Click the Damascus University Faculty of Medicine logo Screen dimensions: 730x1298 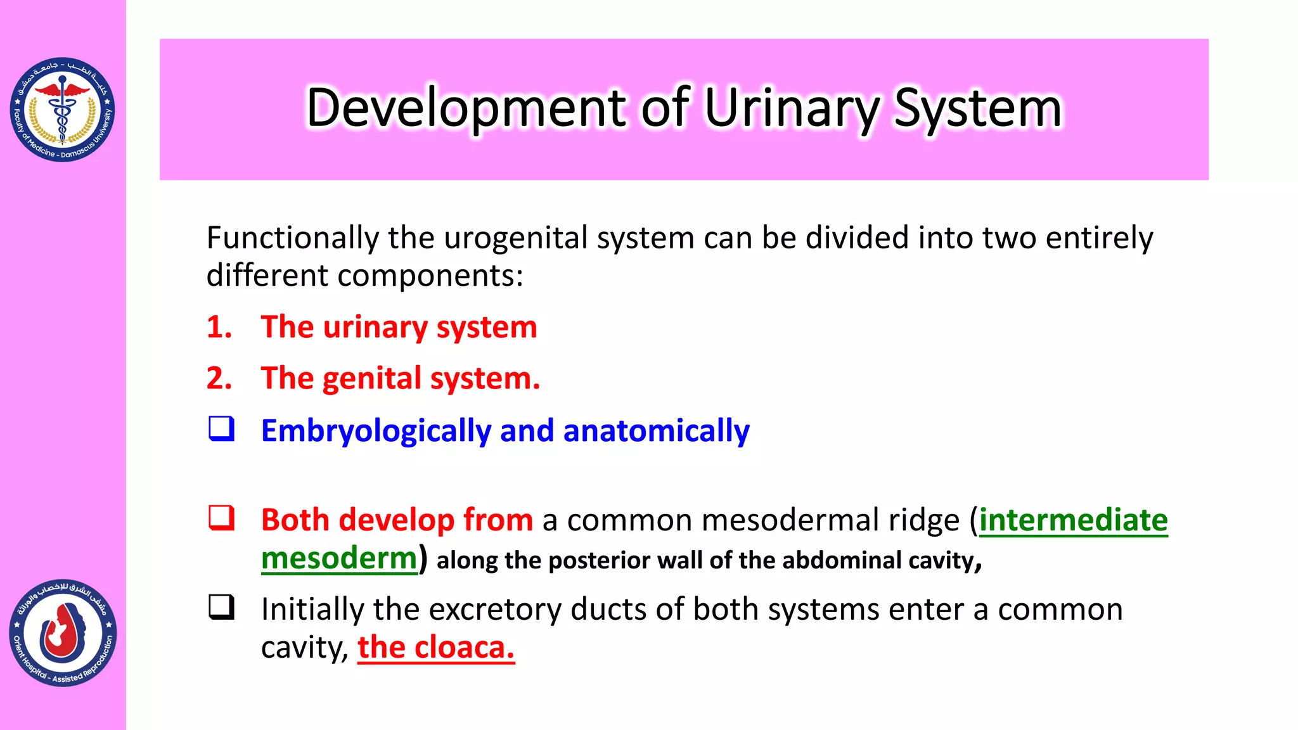pyautogui.click(x=62, y=110)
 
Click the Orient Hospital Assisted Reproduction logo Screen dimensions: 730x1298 pyautogui.click(x=63, y=633)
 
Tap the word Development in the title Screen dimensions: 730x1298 pyautogui.click(x=466, y=108)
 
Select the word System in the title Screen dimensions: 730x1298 pyautogui.click(x=977, y=108)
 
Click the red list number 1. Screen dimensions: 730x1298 pyautogui.click(x=219, y=327)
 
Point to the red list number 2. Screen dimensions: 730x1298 pyautogui.click(x=219, y=378)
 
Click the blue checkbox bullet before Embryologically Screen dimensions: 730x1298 pyautogui.click(x=222, y=429)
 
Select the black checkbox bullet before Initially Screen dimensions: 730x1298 pyautogui.click(x=222, y=607)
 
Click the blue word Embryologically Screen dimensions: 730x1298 pyautogui.click(x=376, y=431)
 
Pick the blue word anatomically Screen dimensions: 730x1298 pyautogui.click(x=656, y=431)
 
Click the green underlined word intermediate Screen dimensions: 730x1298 pyautogui.click(x=1073, y=520)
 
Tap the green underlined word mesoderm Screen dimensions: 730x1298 pyautogui.click(x=339, y=558)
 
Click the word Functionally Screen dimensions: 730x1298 pyautogui.click(x=292, y=238)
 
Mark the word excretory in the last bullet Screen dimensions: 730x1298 pyautogui.click(x=496, y=610)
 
